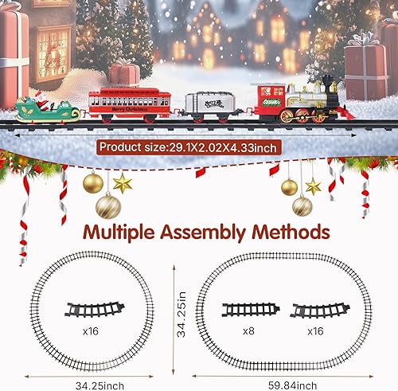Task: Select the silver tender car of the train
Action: click(209, 105)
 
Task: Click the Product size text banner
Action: click(198, 147)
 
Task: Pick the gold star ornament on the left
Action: click(122, 184)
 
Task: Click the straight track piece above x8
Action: click(251, 309)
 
